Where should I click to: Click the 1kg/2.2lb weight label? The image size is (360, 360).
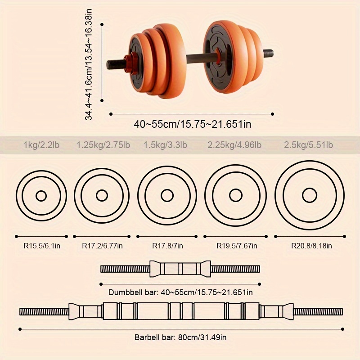[x=41, y=145]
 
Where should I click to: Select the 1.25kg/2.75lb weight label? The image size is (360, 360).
[x=103, y=145]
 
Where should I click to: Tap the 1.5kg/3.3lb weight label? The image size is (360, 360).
[x=165, y=145]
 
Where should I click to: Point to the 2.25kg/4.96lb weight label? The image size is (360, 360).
[x=234, y=145]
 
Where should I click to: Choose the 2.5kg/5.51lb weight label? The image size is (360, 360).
[x=308, y=145]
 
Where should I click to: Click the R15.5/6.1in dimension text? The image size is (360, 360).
[x=42, y=246]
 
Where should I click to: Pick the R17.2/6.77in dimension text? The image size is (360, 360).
[x=103, y=246]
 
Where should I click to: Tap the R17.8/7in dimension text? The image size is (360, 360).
[x=167, y=246]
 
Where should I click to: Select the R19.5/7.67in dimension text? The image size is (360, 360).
[x=237, y=246]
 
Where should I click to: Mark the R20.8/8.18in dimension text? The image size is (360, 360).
[x=311, y=246]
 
